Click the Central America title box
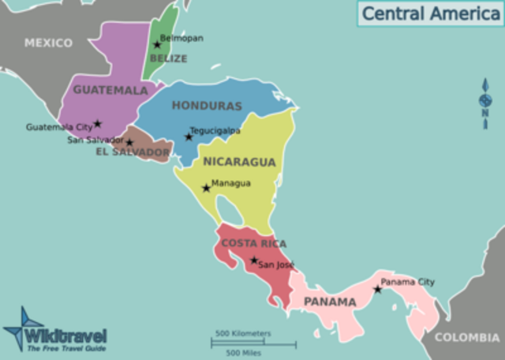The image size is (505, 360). (x=429, y=13)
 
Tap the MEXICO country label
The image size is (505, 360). (x=48, y=43)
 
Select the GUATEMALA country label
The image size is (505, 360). (x=111, y=90)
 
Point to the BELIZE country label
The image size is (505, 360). (x=169, y=58)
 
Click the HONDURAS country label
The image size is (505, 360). (x=207, y=106)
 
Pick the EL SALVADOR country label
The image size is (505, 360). (x=133, y=152)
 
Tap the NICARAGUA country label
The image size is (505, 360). (x=240, y=163)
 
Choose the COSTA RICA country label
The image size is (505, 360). (x=253, y=243)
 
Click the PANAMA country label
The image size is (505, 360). (x=331, y=302)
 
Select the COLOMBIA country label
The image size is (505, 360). (x=467, y=338)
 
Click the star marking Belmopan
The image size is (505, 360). (x=157, y=44)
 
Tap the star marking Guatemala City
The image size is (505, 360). (x=98, y=124)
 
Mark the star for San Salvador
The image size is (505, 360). (x=129, y=143)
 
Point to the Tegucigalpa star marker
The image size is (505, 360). (x=189, y=137)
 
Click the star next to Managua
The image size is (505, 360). (x=207, y=188)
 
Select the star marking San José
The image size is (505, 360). (x=254, y=261)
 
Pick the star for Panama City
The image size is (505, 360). (x=377, y=289)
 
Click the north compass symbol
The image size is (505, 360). (x=485, y=100)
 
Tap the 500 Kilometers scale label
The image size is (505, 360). (x=243, y=333)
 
